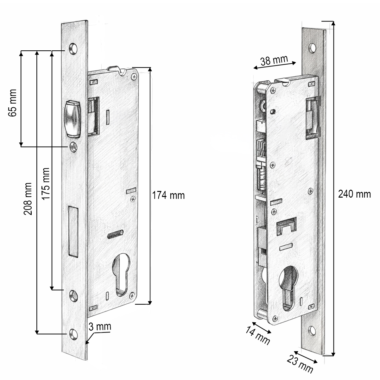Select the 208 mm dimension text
click(28, 199)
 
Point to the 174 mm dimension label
click(168, 195)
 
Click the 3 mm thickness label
click(99, 326)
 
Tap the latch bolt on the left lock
click(73, 119)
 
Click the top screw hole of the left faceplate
click(74, 48)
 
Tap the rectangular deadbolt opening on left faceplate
click(73, 231)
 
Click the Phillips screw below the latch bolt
click(74, 147)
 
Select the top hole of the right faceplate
click(313, 48)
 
